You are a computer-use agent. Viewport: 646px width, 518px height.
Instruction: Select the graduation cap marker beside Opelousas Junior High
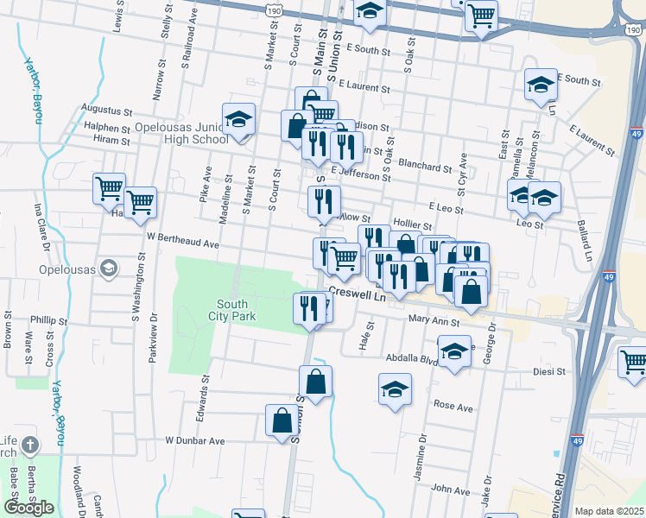click(x=238, y=122)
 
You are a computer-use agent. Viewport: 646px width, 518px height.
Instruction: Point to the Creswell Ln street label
click(x=355, y=294)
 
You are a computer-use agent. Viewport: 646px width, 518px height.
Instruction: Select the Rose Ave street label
click(x=453, y=405)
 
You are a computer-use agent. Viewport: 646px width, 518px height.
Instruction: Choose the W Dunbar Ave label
click(x=195, y=440)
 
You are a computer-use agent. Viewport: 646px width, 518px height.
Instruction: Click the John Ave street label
click(x=450, y=490)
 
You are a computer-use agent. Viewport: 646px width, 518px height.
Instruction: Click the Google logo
click(x=28, y=507)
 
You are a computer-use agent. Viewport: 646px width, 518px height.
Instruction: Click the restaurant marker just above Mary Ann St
click(x=309, y=308)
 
